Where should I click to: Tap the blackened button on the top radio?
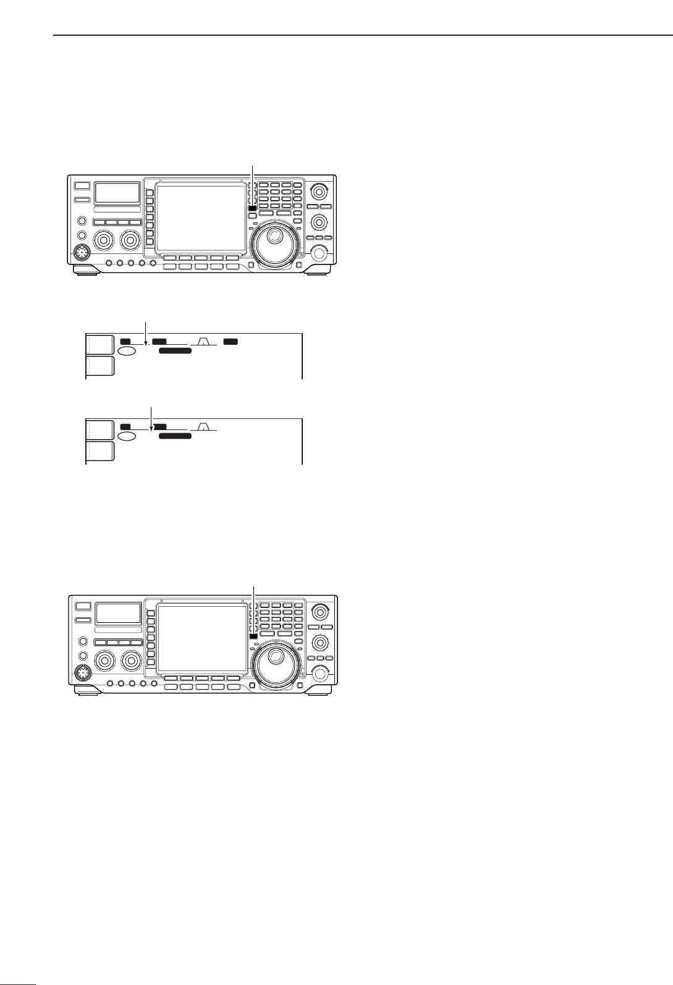tap(252, 208)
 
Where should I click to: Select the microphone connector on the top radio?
tap(80, 252)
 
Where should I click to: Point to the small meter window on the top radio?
tap(117, 193)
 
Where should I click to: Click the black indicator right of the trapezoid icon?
tap(231, 341)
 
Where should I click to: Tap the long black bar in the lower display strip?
tap(175, 436)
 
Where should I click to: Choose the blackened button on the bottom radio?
tap(253, 636)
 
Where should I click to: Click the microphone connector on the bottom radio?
tap(81, 672)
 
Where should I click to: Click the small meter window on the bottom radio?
tap(118, 613)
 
